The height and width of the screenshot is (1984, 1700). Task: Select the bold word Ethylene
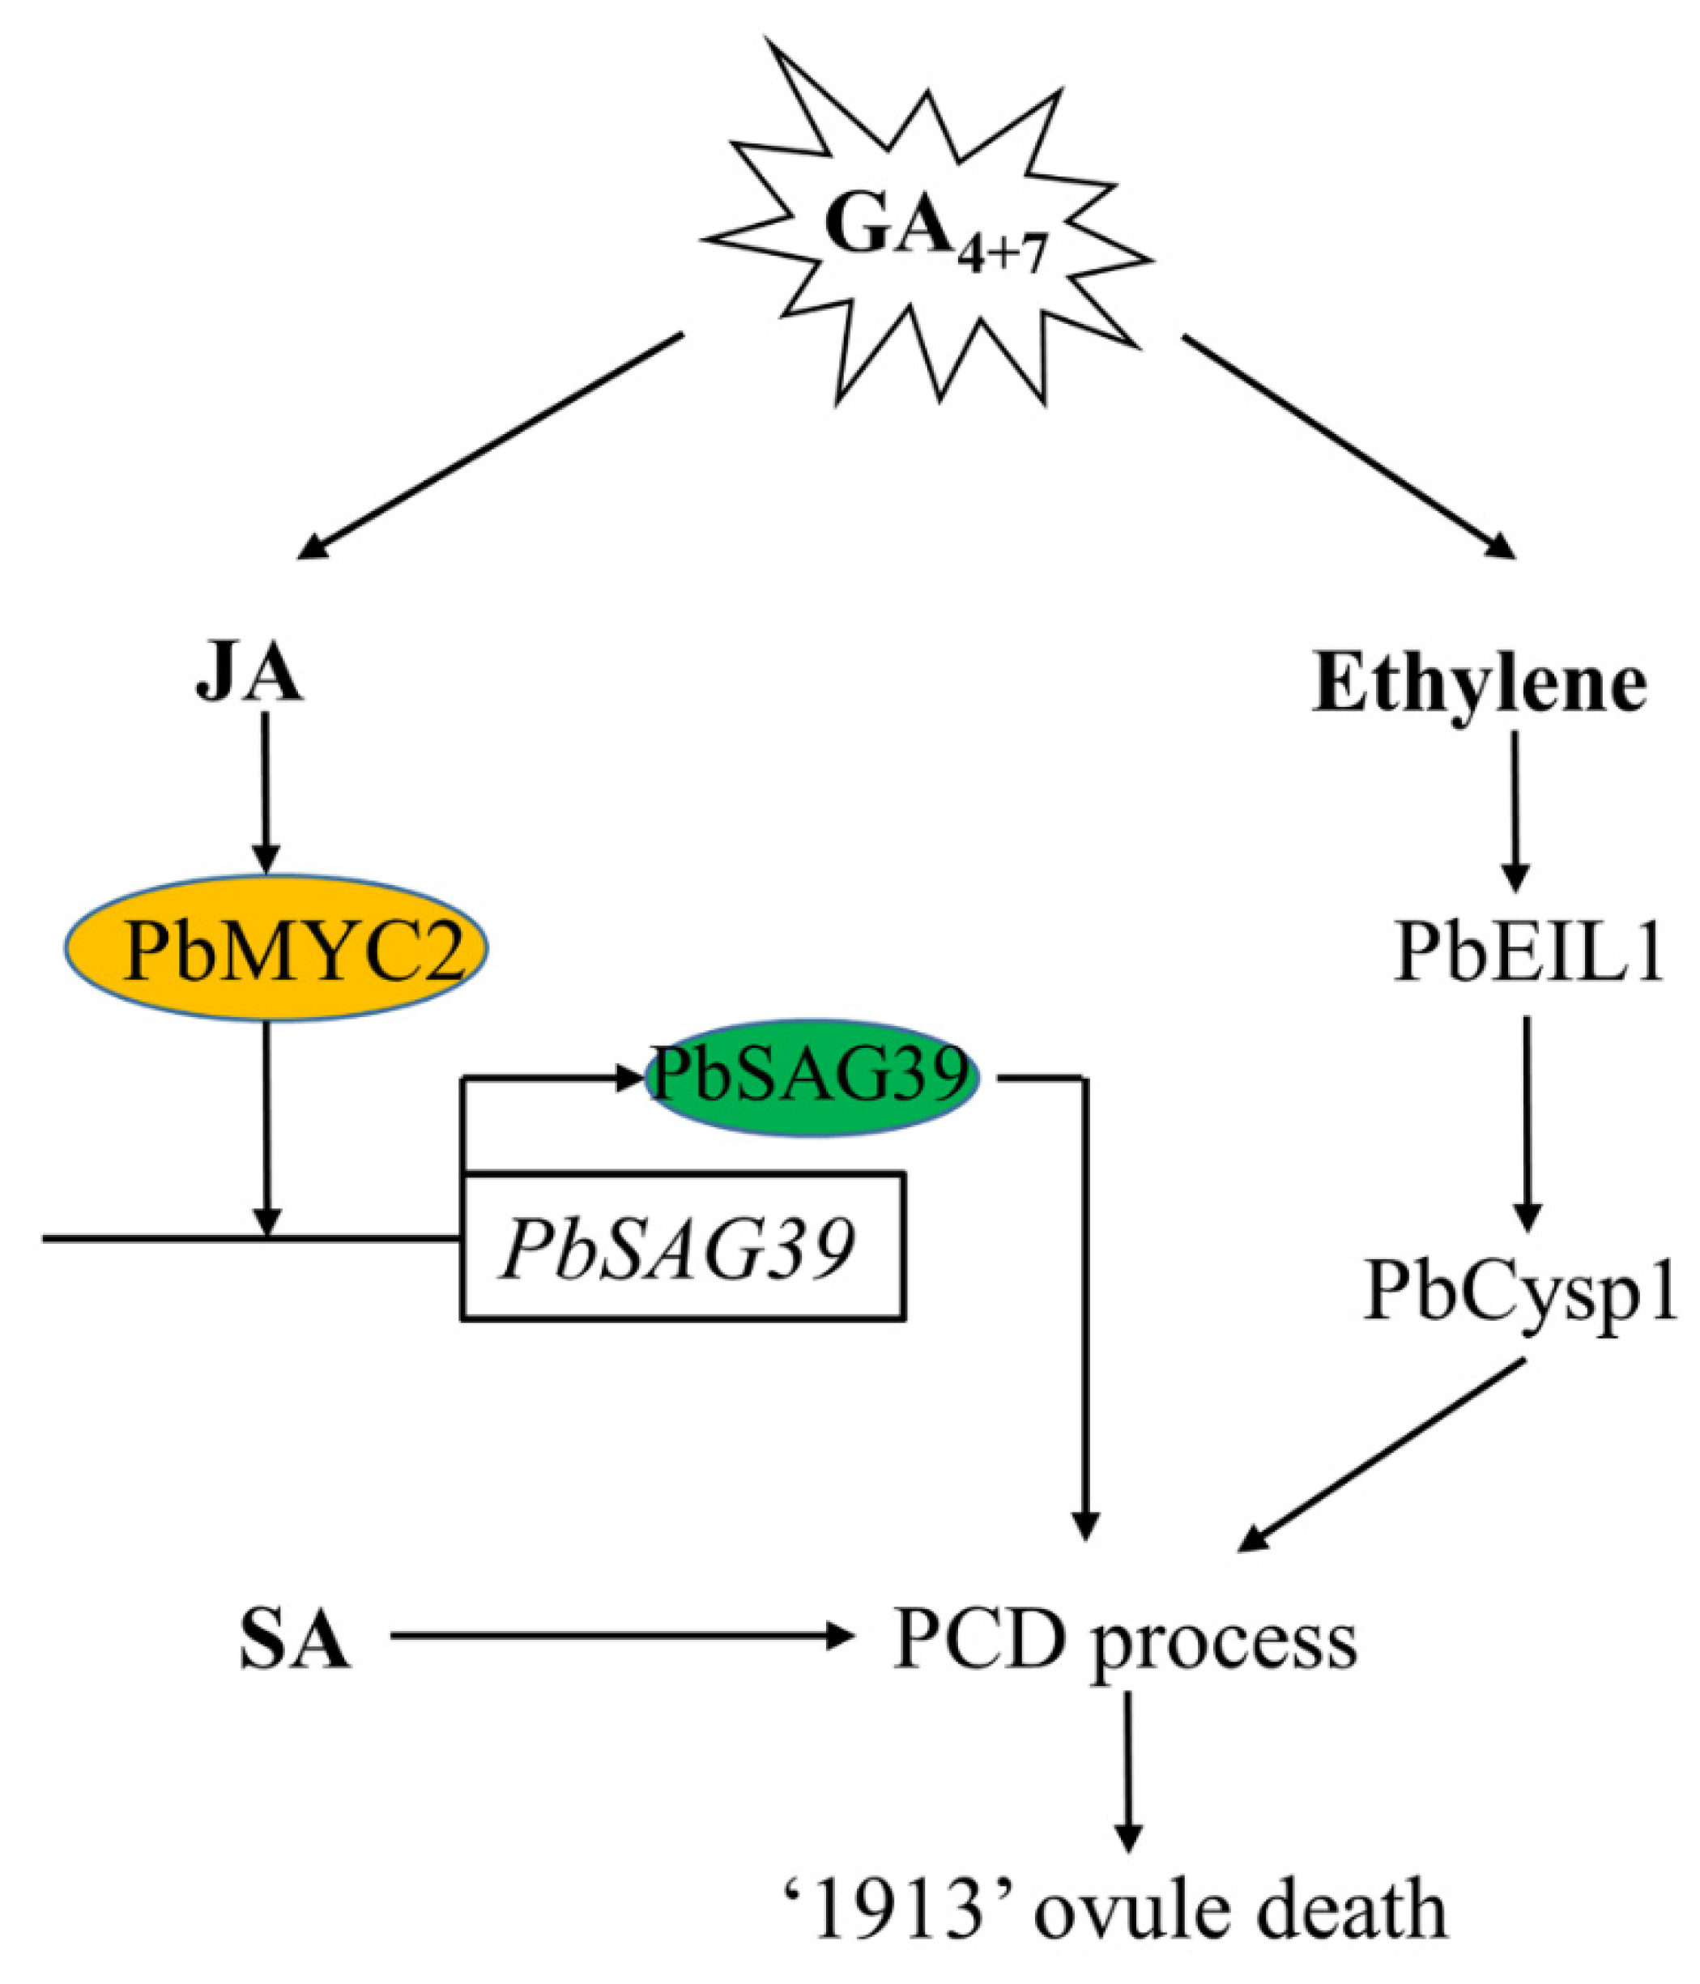pyautogui.click(x=1479, y=686)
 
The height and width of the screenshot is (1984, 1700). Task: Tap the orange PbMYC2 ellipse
pyautogui.click(x=276, y=948)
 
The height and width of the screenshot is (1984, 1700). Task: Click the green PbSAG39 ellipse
pyautogui.click(x=812, y=1077)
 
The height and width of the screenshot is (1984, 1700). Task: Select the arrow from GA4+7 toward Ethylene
pyautogui.click(x=1348, y=445)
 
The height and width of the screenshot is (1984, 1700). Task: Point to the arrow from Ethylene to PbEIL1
pyautogui.click(x=1513, y=811)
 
